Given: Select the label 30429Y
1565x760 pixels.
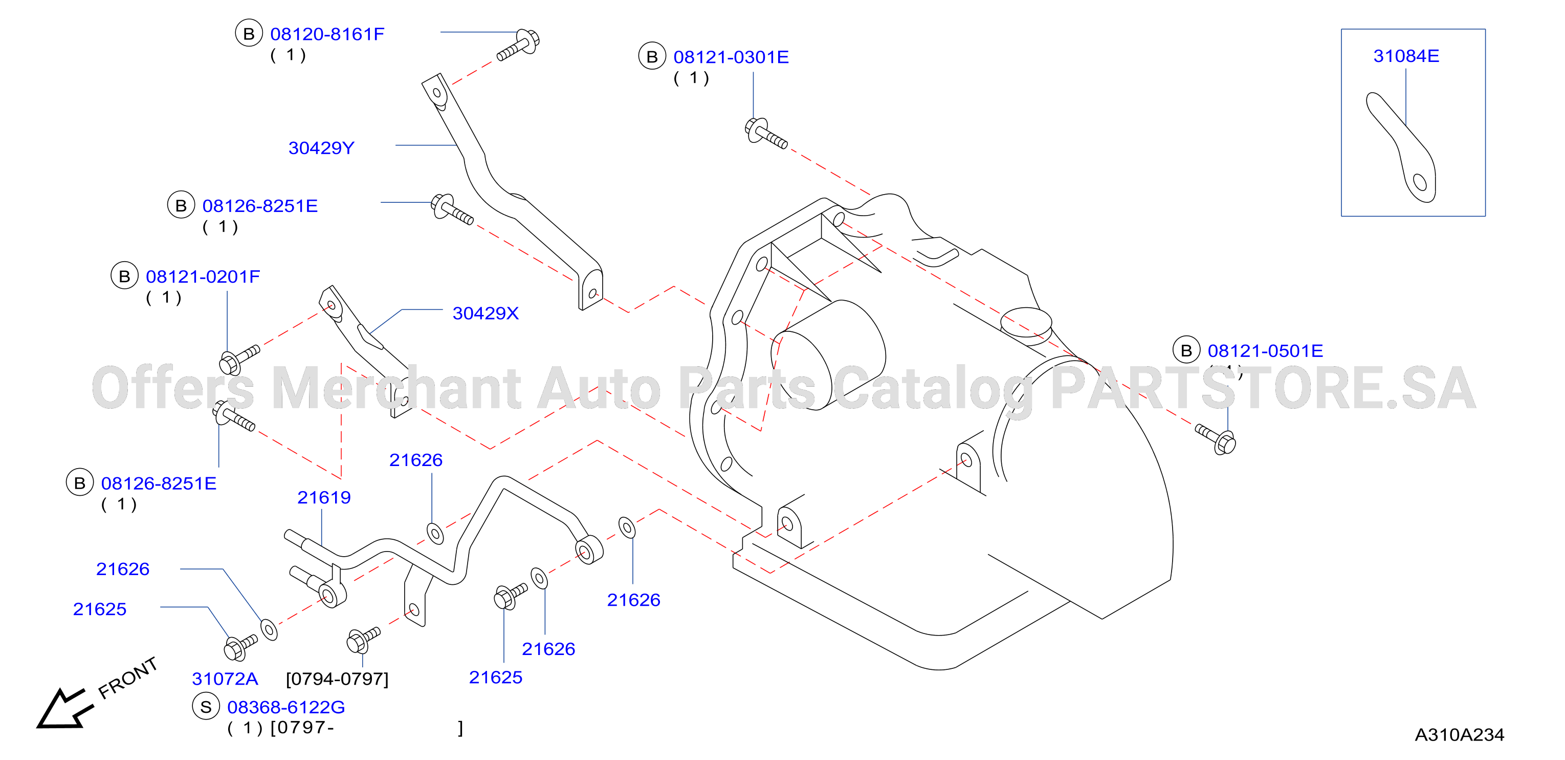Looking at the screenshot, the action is click(x=321, y=147).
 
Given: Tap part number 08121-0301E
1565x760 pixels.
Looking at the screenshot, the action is click(x=731, y=57).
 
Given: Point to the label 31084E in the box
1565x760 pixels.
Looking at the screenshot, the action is click(x=1406, y=56).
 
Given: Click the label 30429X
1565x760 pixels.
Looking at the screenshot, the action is click(x=486, y=313).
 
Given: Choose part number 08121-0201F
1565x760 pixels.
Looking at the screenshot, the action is click(x=203, y=277).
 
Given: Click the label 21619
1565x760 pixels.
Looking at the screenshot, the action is click(x=324, y=497).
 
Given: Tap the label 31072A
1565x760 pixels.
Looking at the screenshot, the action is click(x=225, y=679).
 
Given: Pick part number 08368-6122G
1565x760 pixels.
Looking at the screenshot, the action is click(x=286, y=707).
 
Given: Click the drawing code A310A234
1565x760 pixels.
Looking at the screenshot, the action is click(x=1459, y=735).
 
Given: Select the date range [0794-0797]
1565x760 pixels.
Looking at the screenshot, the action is click(x=337, y=679).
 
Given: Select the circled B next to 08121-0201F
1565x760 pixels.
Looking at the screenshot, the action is click(x=124, y=276).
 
